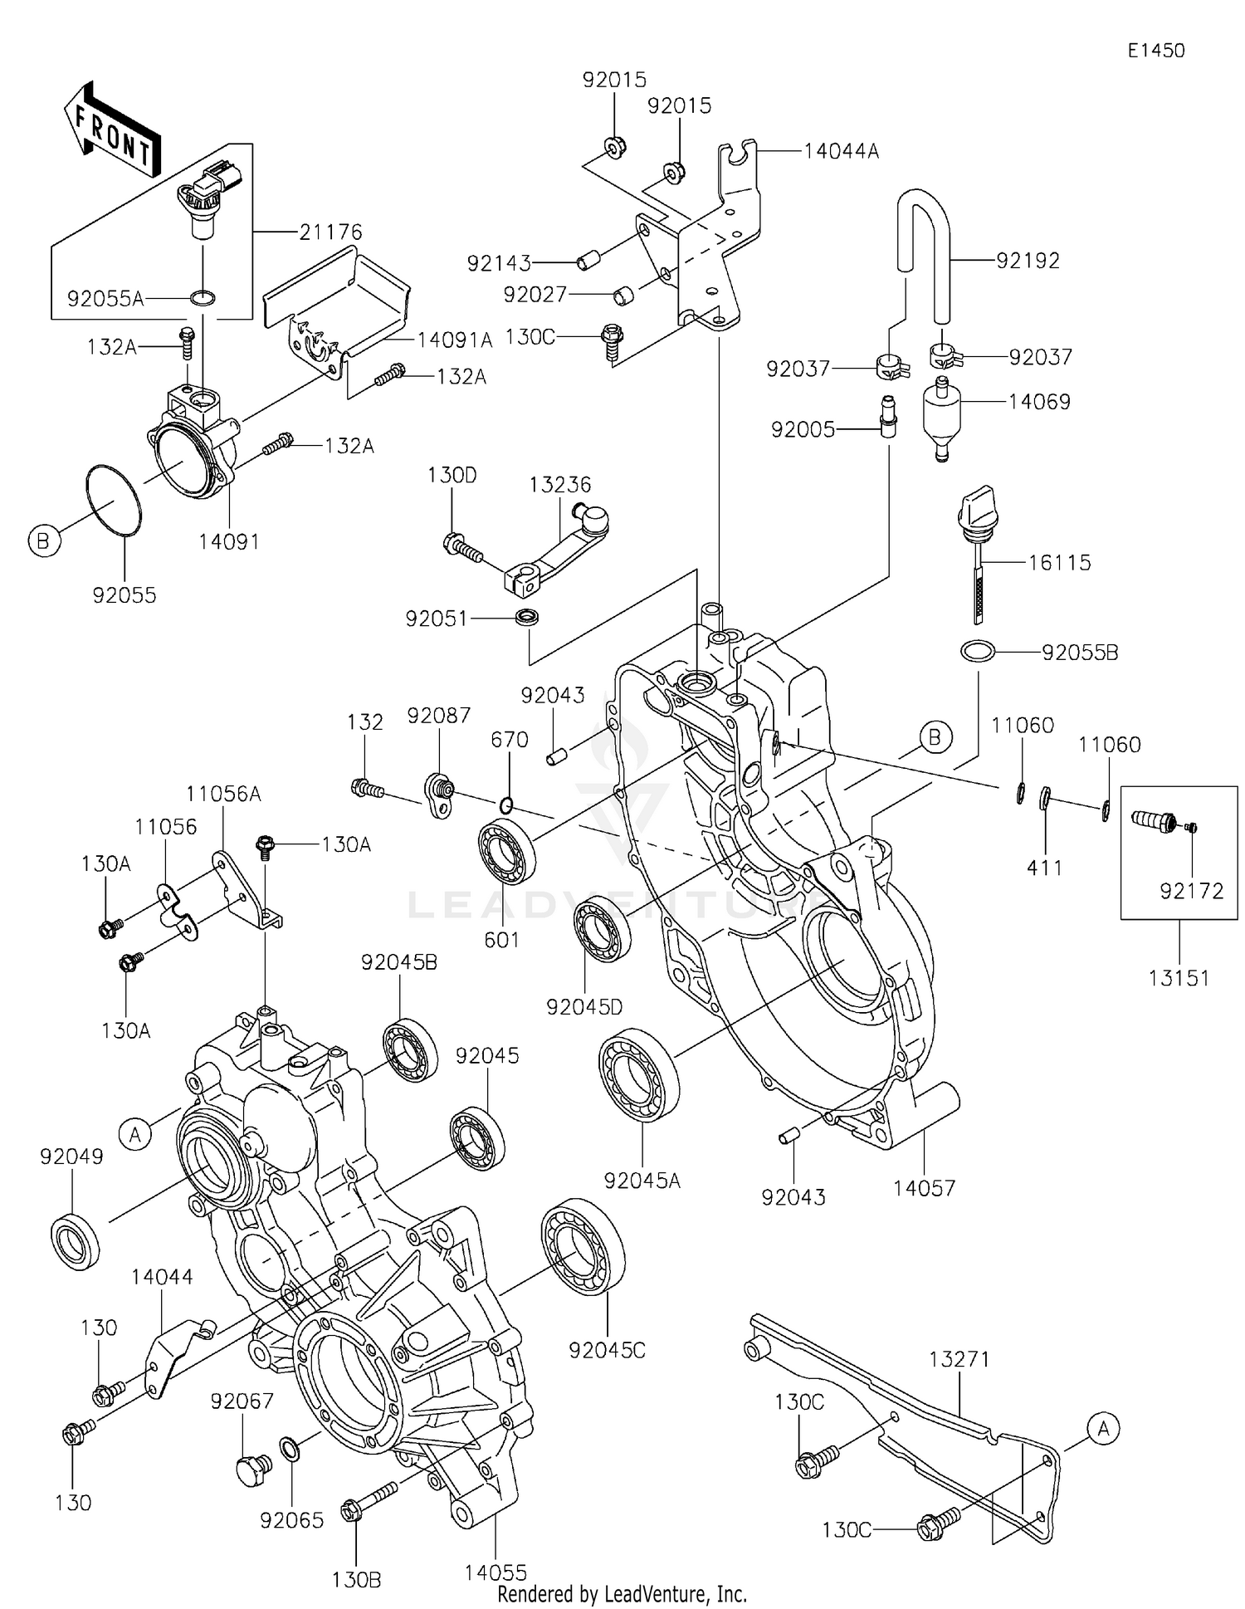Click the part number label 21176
point(330,232)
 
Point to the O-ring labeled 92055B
point(978,652)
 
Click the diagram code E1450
point(1155,51)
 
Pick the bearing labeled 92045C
point(583,1247)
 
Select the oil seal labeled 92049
point(76,1241)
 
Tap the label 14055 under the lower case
point(496,1572)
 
